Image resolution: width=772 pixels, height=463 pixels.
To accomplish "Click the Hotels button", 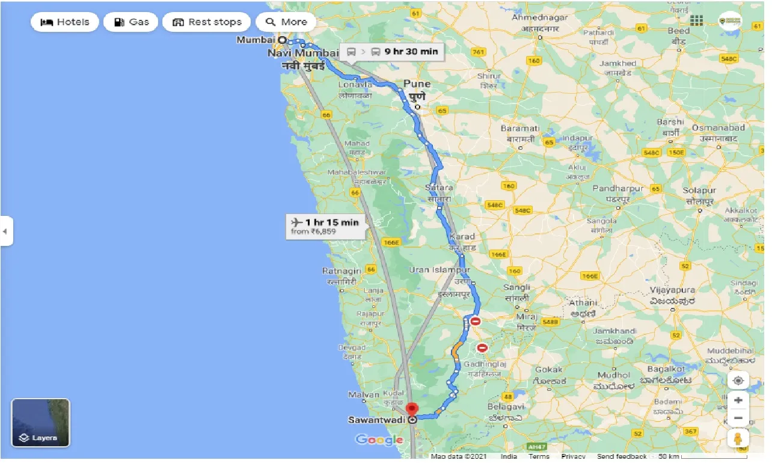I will tap(64, 22).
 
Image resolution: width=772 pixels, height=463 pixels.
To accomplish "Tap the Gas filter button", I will tap(130, 22).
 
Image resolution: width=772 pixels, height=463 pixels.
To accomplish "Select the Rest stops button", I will tap(207, 22).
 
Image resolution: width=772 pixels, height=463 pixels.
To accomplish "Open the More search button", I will tap(286, 22).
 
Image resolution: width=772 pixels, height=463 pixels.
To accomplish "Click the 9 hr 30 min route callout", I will tap(391, 52).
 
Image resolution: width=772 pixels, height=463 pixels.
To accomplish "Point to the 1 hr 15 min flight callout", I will tap(325, 226).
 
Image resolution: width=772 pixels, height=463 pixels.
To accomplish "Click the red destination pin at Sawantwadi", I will tap(412, 409).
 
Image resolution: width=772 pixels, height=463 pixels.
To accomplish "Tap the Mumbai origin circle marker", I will tap(281, 40).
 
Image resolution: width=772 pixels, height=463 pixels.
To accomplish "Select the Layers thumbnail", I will tap(41, 423).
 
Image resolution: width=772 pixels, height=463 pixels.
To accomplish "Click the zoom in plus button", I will tap(738, 400).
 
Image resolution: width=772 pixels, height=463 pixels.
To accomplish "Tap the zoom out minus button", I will tap(738, 418).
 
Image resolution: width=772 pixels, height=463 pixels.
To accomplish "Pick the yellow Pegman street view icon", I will tap(738, 438).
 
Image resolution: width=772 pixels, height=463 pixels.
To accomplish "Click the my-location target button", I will tap(738, 381).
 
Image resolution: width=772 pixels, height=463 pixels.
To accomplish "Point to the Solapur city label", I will tap(699, 191).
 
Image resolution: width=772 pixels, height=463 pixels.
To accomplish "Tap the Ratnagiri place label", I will tap(342, 271).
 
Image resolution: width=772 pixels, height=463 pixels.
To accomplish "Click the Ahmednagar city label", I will tap(539, 18).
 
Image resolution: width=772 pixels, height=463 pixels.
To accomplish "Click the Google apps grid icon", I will tap(696, 21).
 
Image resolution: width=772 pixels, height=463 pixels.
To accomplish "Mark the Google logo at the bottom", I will tap(379, 440).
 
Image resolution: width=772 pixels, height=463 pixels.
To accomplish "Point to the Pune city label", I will tap(417, 84).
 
